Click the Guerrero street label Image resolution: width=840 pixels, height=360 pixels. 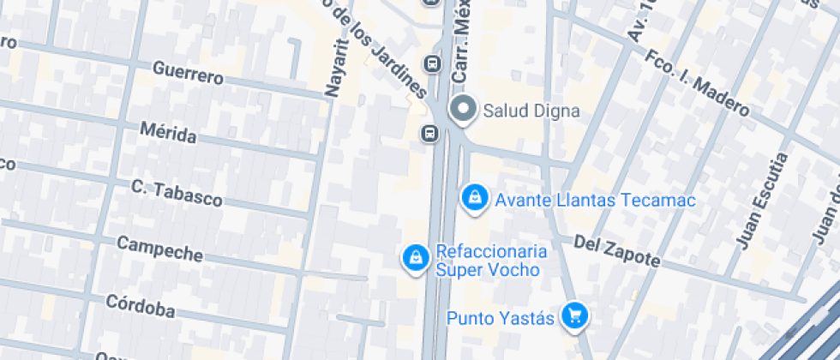coord(188,73)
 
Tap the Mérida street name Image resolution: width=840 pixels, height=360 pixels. coord(168,133)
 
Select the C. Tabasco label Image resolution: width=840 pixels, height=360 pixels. coord(177,193)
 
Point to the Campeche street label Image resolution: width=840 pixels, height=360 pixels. coord(159,249)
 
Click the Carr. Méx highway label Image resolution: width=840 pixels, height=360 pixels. coord(464,43)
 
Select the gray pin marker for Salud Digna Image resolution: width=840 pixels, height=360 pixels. coord(464,110)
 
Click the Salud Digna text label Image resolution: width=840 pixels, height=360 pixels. coord(531,111)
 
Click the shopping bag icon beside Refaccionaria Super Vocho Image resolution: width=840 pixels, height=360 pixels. coord(416,257)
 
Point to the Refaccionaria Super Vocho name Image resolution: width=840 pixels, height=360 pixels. coord(491,261)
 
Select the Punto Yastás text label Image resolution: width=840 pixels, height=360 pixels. coord(501,318)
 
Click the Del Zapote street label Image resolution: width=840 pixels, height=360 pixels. coord(616,249)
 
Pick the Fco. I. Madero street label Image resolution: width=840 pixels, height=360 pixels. coord(698,84)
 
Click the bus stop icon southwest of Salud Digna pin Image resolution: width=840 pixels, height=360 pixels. coord(429,133)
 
